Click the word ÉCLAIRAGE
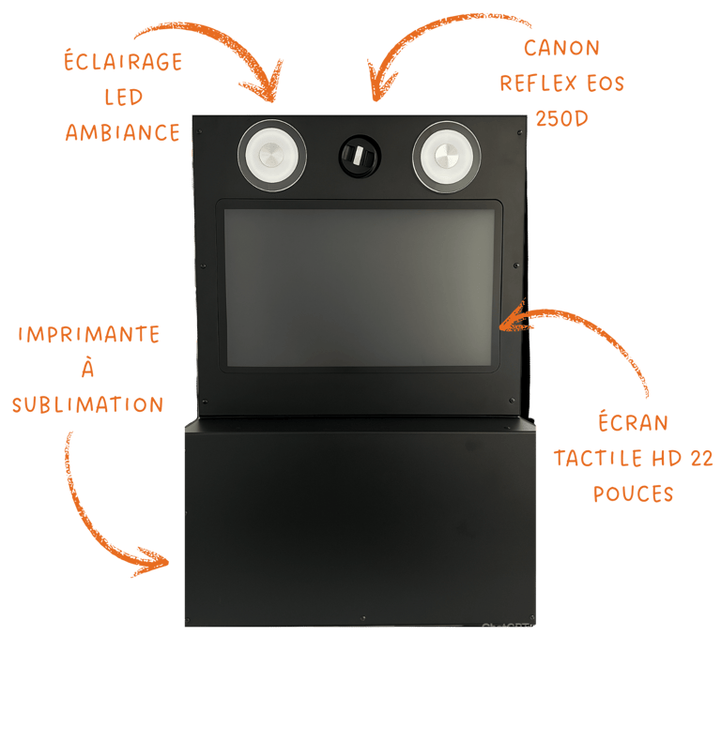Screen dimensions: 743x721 point(122,63)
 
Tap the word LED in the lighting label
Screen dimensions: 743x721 point(123,98)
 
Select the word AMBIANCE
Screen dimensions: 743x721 point(122,132)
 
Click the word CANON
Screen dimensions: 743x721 point(561,48)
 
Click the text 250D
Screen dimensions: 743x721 point(561,118)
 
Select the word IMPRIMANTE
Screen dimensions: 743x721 point(88,335)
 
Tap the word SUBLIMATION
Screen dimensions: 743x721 point(88,404)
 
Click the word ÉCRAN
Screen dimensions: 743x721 point(633,422)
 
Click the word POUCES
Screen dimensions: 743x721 point(633,493)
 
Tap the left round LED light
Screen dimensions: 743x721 point(271,155)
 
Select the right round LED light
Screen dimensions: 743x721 point(446,155)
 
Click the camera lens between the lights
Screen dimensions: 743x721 point(358,155)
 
